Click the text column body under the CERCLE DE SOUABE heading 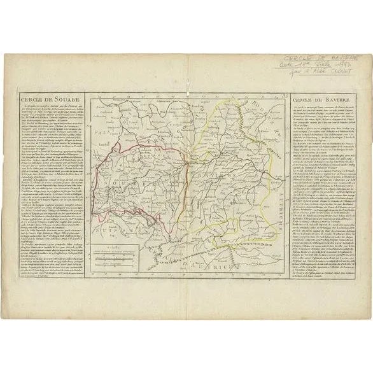tap(54, 191)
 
